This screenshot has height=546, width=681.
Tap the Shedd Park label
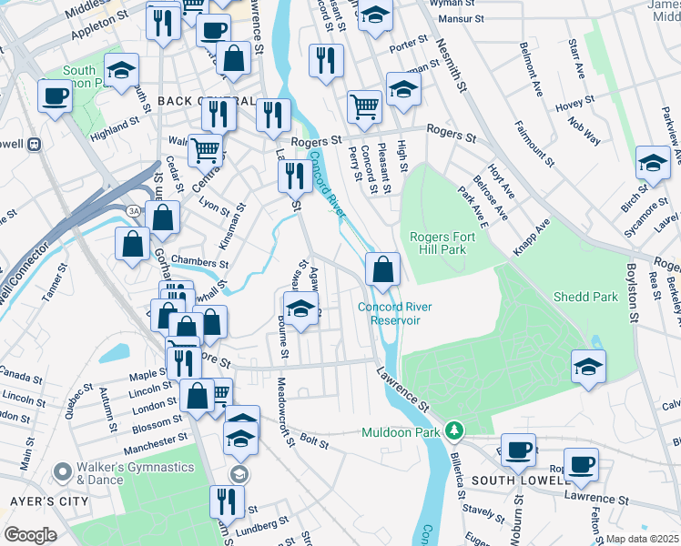coord(585,297)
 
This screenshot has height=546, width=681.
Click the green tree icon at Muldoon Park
coord(452,430)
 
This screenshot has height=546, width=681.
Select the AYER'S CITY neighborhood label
coord(49,501)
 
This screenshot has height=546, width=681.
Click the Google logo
coord(30,535)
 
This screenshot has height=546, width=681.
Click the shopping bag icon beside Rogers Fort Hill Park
coord(382,268)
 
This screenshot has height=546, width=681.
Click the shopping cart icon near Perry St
coord(364,106)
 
